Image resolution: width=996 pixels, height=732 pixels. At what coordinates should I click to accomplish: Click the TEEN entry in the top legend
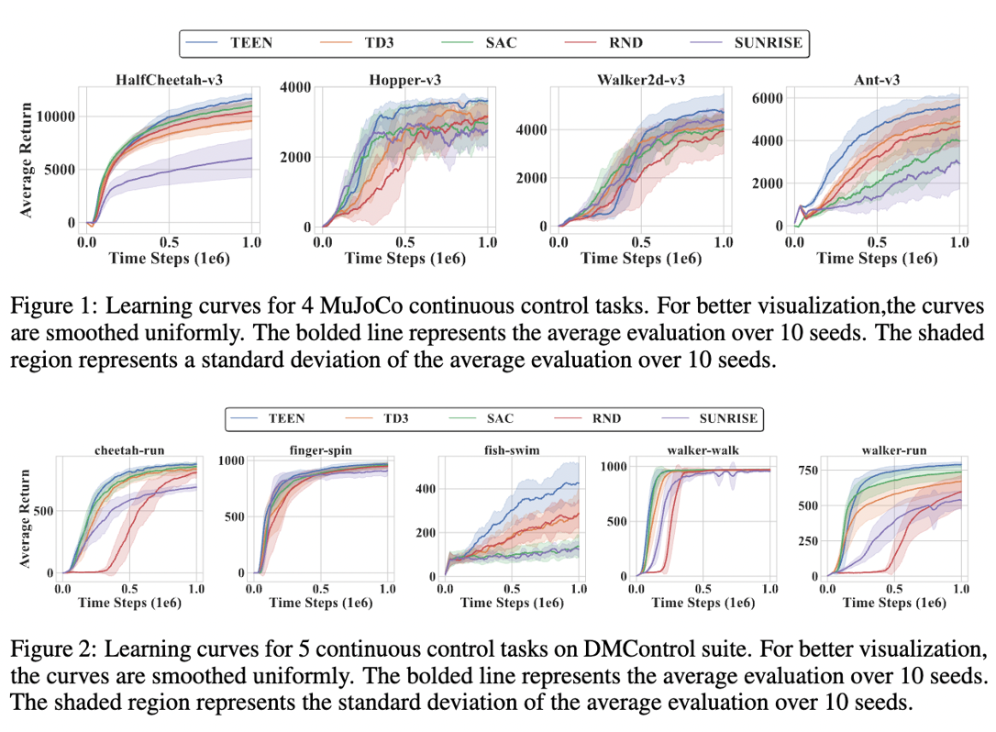[251, 42]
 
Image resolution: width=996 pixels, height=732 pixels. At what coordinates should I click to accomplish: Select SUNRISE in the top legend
[767, 42]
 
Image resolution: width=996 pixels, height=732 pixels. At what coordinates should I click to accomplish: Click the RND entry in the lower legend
[606, 418]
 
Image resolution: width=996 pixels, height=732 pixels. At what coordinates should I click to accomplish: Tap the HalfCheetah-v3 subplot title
[169, 80]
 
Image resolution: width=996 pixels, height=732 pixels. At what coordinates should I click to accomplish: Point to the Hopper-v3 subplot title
[404, 80]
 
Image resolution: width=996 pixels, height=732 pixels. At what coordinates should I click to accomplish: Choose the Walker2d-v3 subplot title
[640, 80]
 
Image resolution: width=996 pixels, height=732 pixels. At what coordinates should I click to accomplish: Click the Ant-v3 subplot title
[877, 80]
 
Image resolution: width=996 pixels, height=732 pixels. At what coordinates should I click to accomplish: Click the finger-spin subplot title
[320, 450]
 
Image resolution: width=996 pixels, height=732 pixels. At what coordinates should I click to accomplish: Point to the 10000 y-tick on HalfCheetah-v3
[55, 117]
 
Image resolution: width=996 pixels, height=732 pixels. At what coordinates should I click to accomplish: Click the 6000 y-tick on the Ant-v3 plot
[768, 98]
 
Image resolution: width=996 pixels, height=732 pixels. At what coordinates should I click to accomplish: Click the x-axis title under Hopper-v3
[404, 259]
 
